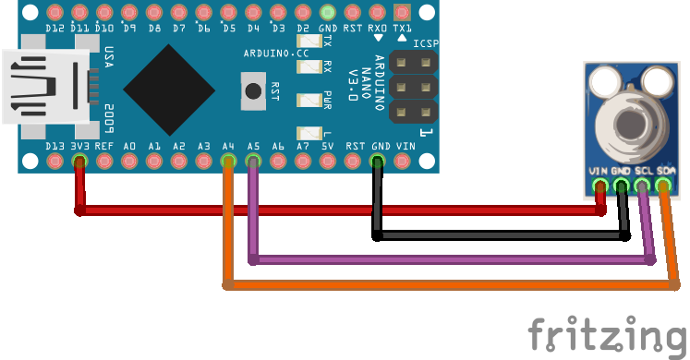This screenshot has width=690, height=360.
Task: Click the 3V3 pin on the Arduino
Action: point(79,162)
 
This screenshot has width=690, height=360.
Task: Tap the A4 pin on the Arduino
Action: point(228,162)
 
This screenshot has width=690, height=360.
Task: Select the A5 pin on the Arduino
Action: point(253,162)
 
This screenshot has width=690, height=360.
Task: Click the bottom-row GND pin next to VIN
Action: point(378,162)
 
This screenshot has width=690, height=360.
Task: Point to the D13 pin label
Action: point(54,146)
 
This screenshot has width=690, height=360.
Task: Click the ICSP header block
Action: point(413,87)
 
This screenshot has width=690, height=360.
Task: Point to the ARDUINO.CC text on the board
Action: point(276,54)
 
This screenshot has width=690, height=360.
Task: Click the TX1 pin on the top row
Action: point(402,13)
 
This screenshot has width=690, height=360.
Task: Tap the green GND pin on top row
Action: point(328,13)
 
